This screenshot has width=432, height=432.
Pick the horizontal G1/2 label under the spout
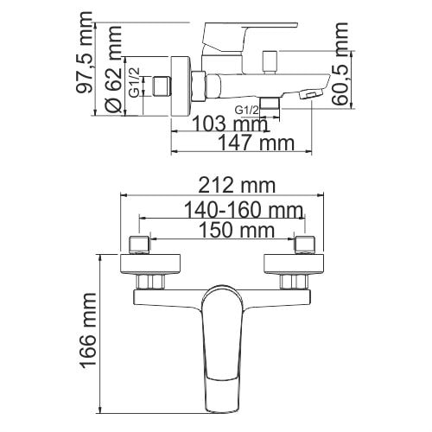point(249,109)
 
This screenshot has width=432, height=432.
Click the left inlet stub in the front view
point(141,245)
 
